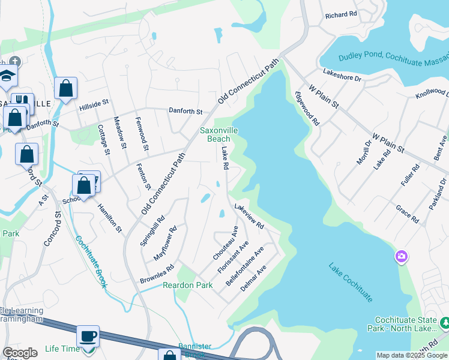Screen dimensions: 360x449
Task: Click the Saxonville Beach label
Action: pos(215,134)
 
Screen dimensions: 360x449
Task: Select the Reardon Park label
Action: pos(188,285)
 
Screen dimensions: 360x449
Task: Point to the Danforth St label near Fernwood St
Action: pos(186,111)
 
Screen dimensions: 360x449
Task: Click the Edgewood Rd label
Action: pos(307,108)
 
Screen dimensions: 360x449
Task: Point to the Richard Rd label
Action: pos(341,13)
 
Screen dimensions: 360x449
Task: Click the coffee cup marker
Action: pos(88,336)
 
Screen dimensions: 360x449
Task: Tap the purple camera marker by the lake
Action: pos(401,257)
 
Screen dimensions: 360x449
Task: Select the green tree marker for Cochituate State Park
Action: pos(445,324)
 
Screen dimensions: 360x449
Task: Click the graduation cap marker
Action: pos(7,76)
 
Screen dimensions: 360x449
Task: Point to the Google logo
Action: pos(20,353)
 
